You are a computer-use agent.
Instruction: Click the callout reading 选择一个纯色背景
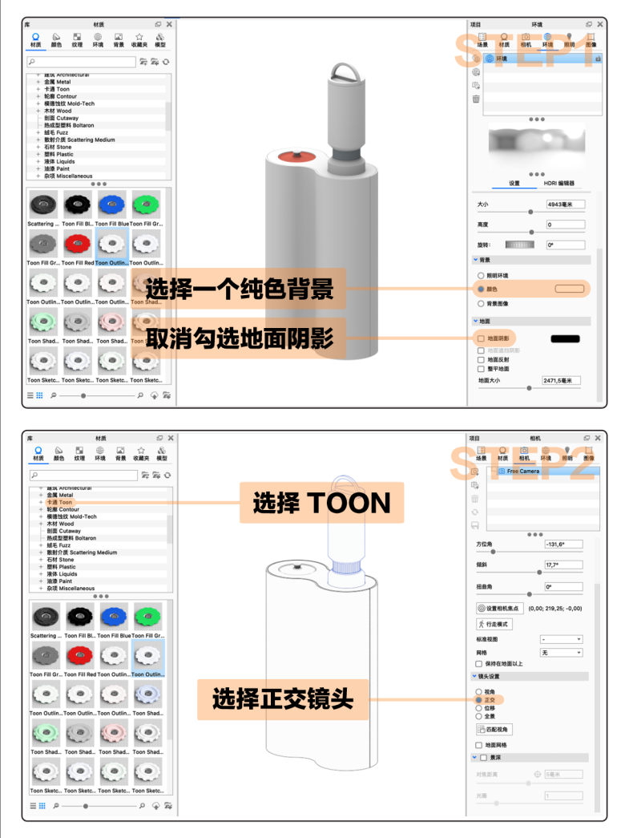tap(239, 288)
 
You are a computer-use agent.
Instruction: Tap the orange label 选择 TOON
tap(321, 503)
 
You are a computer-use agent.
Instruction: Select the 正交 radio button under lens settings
tap(479, 699)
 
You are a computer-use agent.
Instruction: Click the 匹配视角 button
tap(494, 729)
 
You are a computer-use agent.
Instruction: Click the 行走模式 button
tap(494, 624)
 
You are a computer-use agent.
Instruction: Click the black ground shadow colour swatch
tap(565, 338)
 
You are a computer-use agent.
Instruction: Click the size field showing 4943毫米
tap(565, 204)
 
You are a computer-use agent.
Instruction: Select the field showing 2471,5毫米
tap(561, 380)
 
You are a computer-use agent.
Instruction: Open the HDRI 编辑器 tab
tap(559, 183)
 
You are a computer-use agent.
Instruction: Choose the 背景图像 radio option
tap(481, 304)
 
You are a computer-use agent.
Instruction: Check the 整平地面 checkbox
tap(481, 370)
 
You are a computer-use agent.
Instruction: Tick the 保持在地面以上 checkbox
tap(479, 664)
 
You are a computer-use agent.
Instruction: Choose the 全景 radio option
tap(479, 715)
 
